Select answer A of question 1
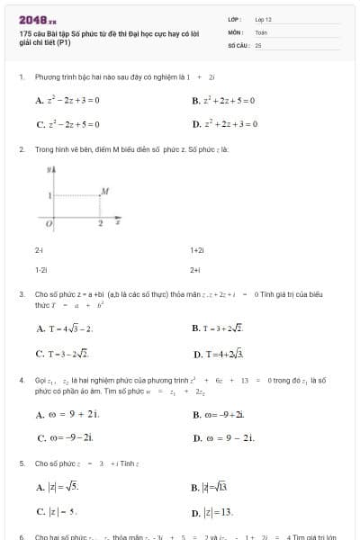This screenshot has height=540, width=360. (68, 101)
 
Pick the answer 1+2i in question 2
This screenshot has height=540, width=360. (198, 249)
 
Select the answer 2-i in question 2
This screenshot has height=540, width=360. (40, 249)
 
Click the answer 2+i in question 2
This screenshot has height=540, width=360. (195, 269)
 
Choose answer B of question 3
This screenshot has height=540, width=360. (223, 328)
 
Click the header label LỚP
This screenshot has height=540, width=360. (234, 18)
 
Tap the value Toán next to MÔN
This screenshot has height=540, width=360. (261, 31)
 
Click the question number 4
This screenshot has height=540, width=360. (21, 381)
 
